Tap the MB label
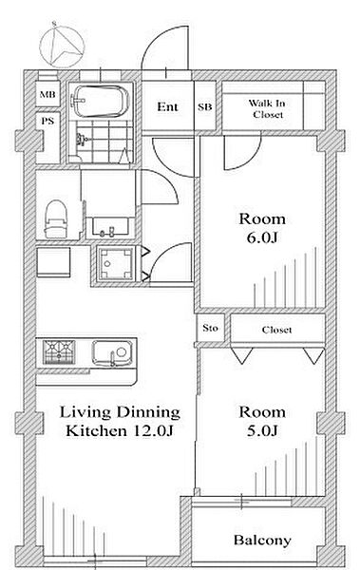pos(47,94)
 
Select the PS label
pos(47,121)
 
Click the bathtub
pos(101,101)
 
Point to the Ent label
pos(167,106)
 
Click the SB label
pos(205,107)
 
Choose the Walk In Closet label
pos(268,108)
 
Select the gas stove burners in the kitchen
pos(59,352)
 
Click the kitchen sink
pos(112,353)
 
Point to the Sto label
pos(211,328)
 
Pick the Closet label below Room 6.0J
pos(277,330)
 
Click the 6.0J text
pos(262,238)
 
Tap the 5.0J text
pos(262,431)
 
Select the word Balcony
pos(262,541)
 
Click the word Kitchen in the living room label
pos(96,431)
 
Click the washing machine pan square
pos(116,263)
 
